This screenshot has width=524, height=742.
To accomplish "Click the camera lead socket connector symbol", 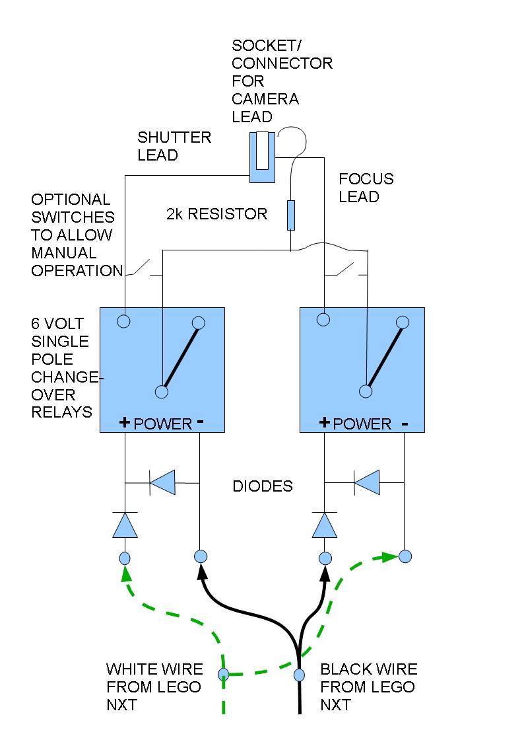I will pyautogui.click(x=262, y=157).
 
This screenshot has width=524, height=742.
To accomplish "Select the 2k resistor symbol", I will pyautogui.click(x=290, y=215).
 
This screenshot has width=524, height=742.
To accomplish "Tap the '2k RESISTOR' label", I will pyautogui.click(x=216, y=213).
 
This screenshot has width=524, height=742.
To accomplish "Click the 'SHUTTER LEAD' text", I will pyautogui.click(x=174, y=146).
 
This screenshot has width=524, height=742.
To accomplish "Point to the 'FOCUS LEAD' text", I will pyautogui.click(x=366, y=188).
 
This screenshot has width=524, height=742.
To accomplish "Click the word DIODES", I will pyautogui.click(x=263, y=486).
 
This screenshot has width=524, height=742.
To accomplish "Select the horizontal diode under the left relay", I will pyautogui.click(x=162, y=483).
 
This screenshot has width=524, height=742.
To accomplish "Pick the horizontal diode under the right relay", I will pyautogui.click(x=366, y=483).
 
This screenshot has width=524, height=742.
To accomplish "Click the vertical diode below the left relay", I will pyautogui.click(x=125, y=525).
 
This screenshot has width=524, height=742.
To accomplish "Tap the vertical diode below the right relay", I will pyautogui.click(x=324, y=525).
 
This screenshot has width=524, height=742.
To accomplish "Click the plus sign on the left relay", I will pyautogui.click(x=124, y=423).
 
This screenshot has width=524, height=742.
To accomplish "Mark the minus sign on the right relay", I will pyautogui.click(x=405, y=423).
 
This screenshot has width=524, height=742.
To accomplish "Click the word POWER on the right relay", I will pyautogui.click(x=362, y=424).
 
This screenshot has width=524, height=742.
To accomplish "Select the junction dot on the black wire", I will pyautogui.click(x=299, y=675).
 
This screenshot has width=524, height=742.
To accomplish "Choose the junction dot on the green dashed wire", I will pyautogui.click(x=224, y=675).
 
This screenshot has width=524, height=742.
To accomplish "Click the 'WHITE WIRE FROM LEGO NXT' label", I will pyautogui.click(x=154, y=687).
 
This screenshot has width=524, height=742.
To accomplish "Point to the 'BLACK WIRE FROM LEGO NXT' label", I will pyautogui.click(x=368, y=687).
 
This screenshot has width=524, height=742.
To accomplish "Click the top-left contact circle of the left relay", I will pyautogui.click(x=123, y=322).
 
